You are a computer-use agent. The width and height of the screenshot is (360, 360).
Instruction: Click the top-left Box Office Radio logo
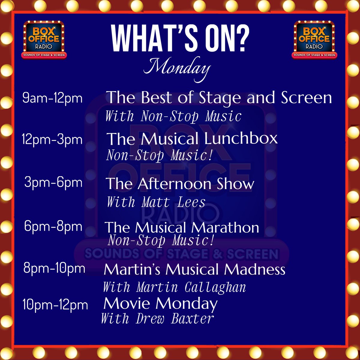point(44,39)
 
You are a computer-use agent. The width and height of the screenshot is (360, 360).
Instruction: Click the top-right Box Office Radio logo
point(315,39)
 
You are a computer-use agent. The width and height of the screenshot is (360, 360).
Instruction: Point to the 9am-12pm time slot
point(52,98)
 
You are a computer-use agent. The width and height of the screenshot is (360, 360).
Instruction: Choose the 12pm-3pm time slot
point(52,139)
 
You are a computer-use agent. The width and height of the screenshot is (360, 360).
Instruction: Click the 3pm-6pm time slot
point(53,183)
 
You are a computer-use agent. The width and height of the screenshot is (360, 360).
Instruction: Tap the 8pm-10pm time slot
point(54,268)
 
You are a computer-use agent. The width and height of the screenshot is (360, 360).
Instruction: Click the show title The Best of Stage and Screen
point(219,97)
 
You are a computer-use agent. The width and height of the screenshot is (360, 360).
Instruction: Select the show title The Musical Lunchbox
point(192,139)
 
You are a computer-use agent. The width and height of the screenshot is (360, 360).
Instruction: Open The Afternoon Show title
point(180,184)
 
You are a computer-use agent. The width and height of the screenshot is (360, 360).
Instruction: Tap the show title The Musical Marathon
point(182,227)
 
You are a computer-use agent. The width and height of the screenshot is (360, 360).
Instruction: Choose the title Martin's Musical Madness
point(194,269)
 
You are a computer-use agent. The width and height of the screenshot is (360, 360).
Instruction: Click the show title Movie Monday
point(160,304)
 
